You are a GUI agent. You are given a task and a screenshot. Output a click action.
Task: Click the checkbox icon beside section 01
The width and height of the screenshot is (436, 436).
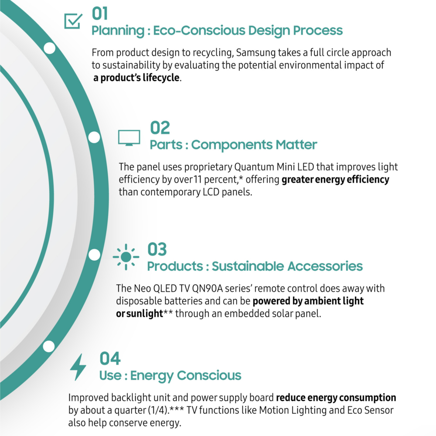coord(73,21)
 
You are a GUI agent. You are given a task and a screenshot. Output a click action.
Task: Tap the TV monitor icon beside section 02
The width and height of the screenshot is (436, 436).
coord(129,138)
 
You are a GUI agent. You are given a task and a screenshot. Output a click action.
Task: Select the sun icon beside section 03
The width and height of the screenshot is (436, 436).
coord(126,257)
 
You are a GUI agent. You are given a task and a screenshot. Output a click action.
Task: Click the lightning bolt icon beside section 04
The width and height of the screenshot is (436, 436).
coord(78,367)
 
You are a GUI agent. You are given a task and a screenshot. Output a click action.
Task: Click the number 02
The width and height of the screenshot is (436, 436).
coord(160,128)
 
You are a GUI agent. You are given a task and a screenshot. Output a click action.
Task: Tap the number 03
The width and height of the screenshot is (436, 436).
coord(157,249)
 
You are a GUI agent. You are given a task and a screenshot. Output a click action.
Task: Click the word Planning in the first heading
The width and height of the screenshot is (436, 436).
coord(118,31)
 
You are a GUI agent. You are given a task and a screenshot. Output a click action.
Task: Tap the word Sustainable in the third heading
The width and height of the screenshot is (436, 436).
coord(248,266)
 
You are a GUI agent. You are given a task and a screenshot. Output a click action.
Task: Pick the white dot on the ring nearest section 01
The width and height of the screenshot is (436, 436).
coord(50,48)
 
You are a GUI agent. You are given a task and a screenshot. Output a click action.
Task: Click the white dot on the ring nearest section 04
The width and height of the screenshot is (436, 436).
coord(49,347)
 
